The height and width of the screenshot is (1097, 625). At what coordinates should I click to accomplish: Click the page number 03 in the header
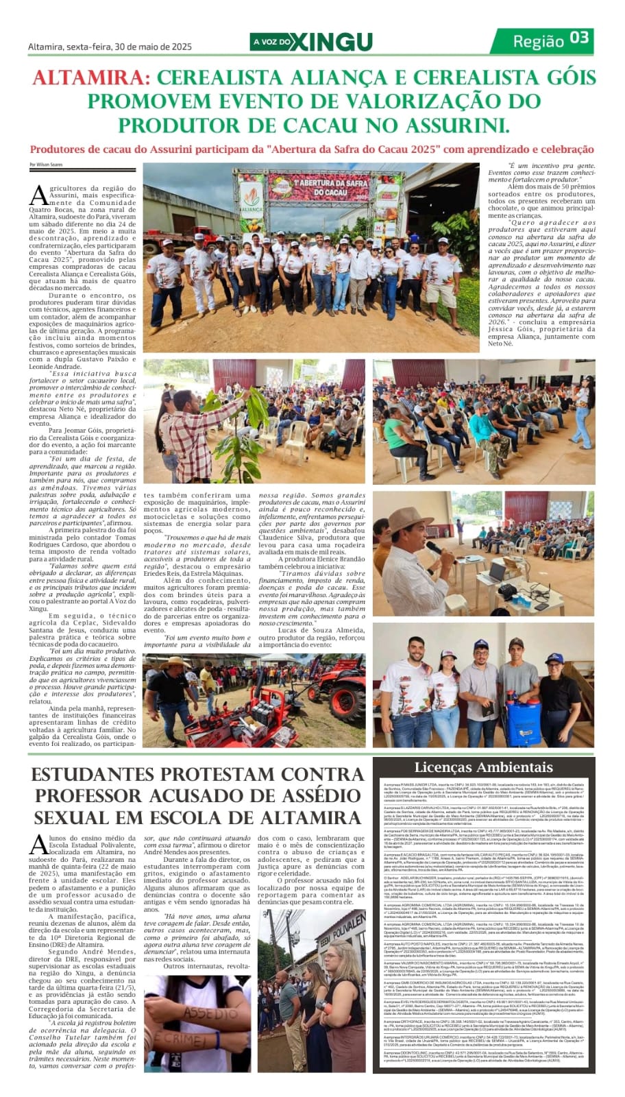point(580,38)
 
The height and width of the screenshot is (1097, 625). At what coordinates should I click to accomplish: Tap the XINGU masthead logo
point(335,42)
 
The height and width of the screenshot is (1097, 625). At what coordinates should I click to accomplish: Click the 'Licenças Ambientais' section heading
point(483,767)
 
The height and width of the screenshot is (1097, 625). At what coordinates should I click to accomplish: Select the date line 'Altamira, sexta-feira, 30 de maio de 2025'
point(110,47)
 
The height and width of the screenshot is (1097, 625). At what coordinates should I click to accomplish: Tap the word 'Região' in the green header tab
point(539,40)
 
